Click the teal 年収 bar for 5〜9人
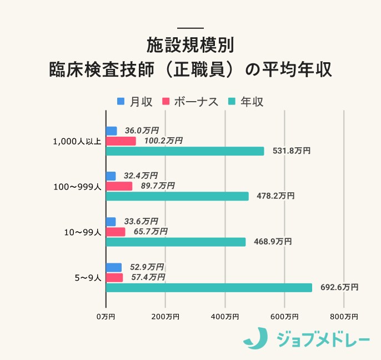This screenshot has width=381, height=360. pyautogui.click(x=209, y=287)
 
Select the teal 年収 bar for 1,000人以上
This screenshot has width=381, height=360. pyautogui.click(x=185, y=151)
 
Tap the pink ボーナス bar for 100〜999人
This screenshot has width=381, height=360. pyautogui.click(x=119, y=186)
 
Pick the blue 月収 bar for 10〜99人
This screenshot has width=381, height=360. pyautogui.click(x=111, y=222)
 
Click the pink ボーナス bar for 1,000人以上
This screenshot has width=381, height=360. pyautogui.click(x=121, y=141)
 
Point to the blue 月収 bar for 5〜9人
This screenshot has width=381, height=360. pyautogui.click(x=113, y=267)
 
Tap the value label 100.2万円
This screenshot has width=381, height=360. pyautogui.click(x=163, y=141)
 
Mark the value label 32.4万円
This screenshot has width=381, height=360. pyautogui.click(x=141, y=176)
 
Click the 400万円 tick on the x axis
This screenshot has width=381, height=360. pyautogui.click(x=225, y=317)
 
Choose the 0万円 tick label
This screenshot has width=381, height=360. pyautogui.click(x=106, y=317)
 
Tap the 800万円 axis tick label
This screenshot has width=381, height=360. pyautogui.click(x=344, y=317)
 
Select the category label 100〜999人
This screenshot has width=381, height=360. pyautogui.click(x=77, y=187)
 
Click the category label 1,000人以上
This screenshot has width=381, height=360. pyautogui.click(x=77, y=141)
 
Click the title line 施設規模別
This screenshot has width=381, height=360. pyautogui.click(x=190, y=44)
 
